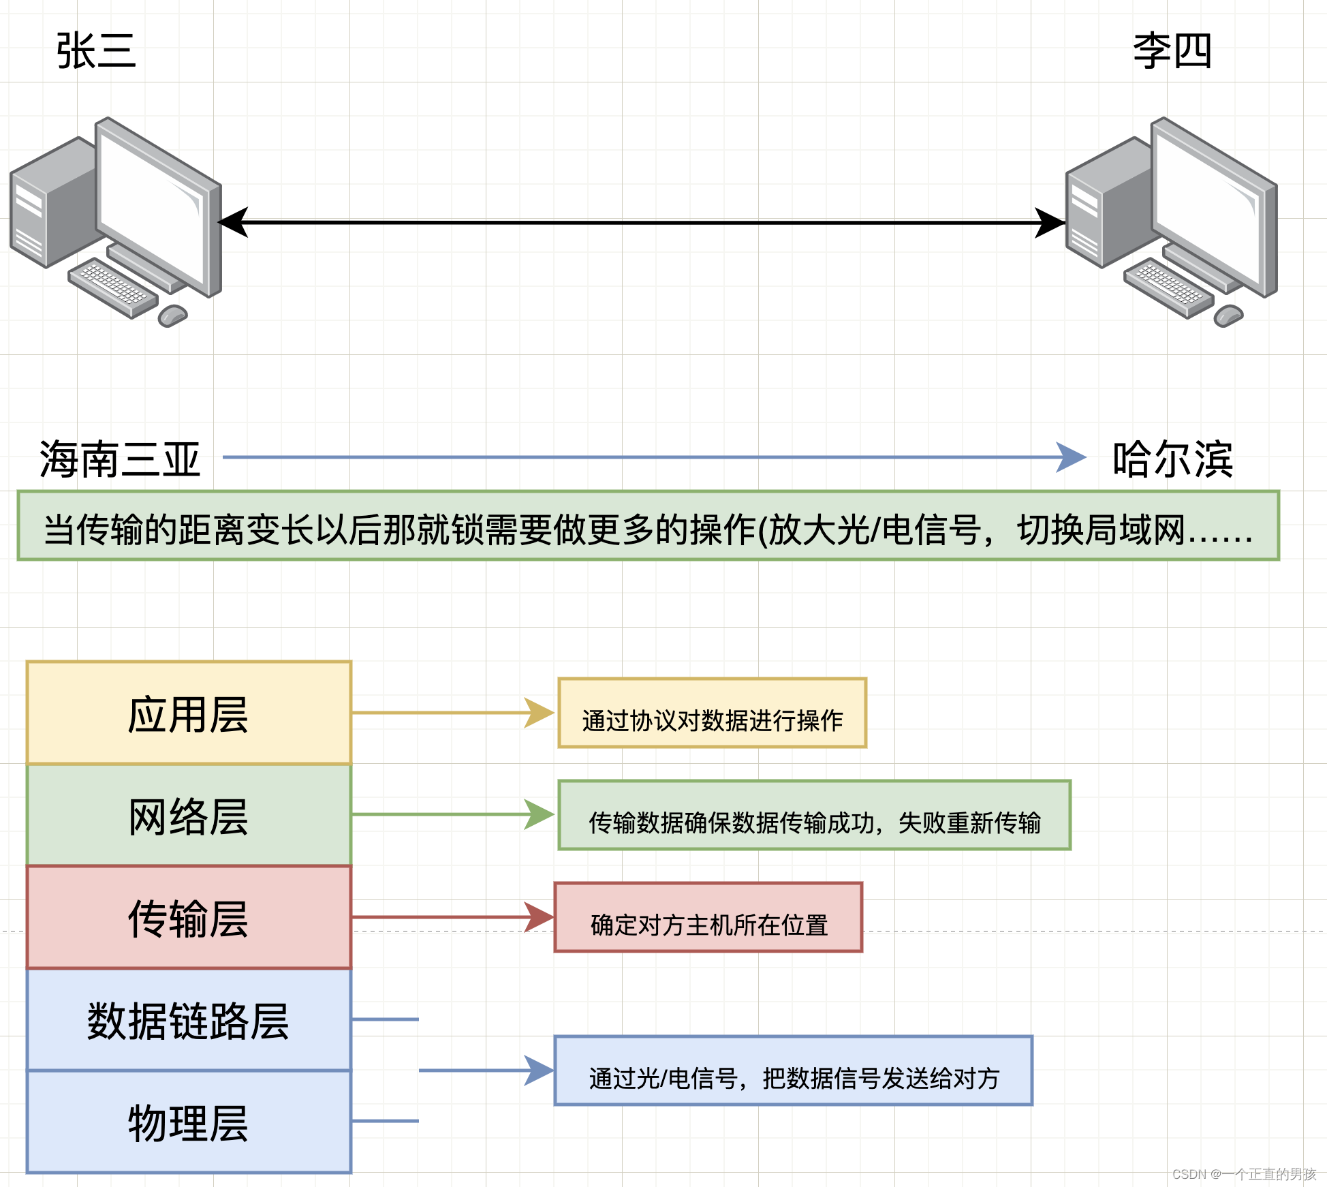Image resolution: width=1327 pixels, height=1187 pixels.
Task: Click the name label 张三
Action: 96,51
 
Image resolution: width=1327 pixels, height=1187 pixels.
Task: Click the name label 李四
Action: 1172,51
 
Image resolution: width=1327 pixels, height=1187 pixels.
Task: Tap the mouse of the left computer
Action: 172,315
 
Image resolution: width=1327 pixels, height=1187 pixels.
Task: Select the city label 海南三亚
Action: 120,459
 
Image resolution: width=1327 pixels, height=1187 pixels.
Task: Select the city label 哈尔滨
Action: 1172,459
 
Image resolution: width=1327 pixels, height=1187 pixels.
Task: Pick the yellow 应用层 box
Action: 189,713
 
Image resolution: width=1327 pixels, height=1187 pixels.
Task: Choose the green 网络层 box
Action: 189,815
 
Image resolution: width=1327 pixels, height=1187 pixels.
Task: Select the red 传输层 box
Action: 189,917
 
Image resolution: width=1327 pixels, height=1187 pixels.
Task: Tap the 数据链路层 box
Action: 189,1019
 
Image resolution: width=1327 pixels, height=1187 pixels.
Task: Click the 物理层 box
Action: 189,1122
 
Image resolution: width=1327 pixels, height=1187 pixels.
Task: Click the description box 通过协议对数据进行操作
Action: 712,713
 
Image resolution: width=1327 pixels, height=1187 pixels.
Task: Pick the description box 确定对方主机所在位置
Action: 708,917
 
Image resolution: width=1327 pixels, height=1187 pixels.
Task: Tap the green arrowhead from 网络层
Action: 539,814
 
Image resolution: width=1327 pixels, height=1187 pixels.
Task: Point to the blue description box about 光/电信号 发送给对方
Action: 794,1070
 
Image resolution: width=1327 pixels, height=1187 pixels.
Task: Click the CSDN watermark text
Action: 1244,1174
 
